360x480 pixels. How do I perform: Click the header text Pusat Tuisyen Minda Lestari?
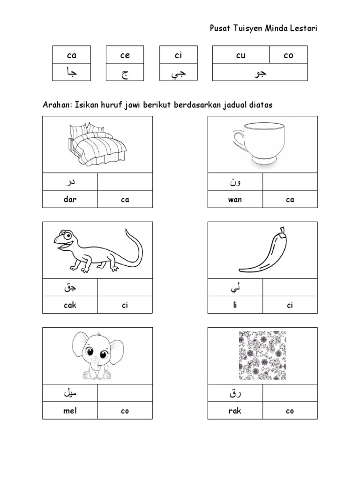[263, 29]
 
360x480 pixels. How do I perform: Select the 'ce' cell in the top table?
[125, 55]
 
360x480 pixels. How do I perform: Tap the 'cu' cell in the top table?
[240, 55]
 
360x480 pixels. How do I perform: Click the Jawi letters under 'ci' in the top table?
[178, 73]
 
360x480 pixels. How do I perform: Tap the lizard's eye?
[68, 234]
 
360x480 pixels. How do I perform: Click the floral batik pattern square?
[262, 355]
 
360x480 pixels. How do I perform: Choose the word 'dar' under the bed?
[70, 199]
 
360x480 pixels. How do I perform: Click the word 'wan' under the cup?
[235, 199]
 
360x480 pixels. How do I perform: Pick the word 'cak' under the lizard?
[70, 305]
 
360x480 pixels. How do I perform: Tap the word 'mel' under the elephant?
[70, 411]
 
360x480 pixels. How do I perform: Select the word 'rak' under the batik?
[235, 411]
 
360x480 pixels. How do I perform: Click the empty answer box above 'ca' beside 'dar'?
[125, 182]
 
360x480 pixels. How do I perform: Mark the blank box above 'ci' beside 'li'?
[290, 288]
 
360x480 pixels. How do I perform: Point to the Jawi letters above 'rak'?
[235, 394]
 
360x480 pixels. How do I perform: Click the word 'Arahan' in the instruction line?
[55, 105]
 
